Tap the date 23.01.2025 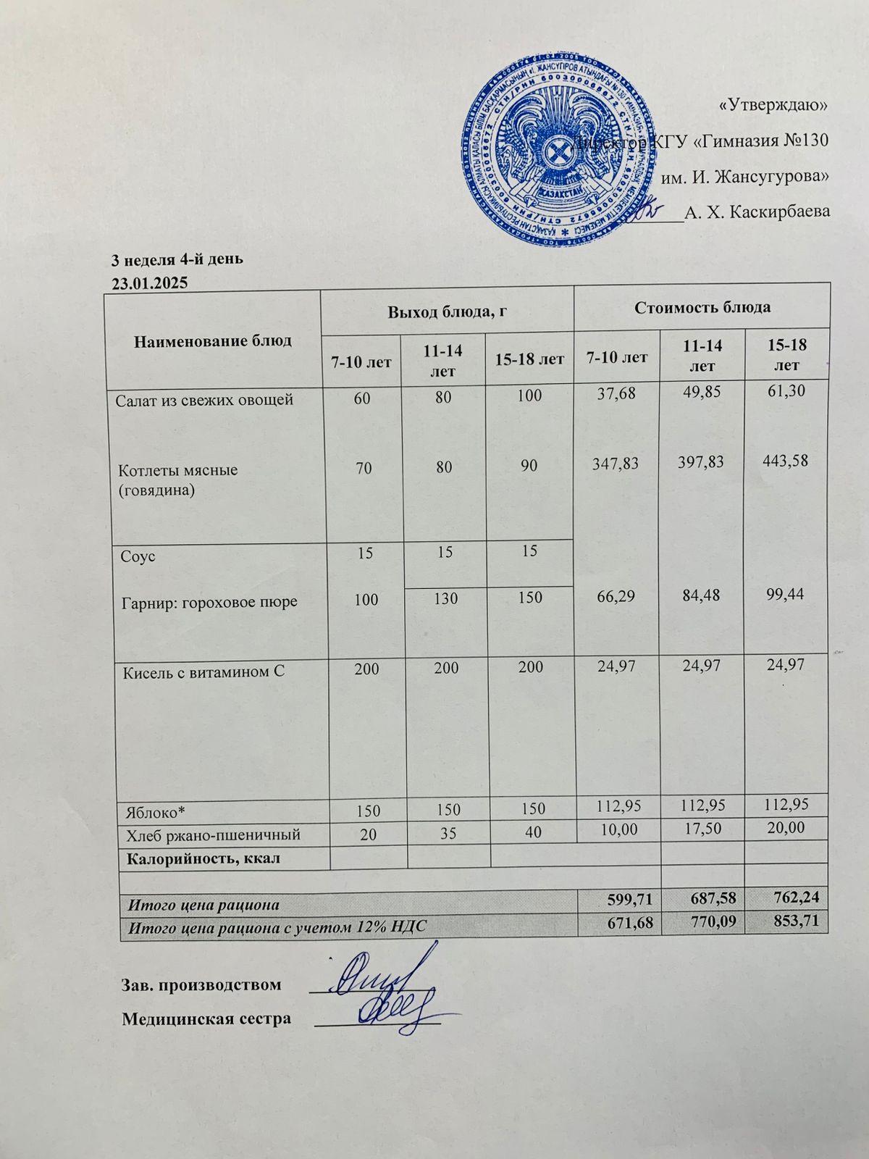tap(149, 283)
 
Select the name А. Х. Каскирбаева tap(757, 212)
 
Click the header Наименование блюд tap(213, 340)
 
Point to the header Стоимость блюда tap(702, 307)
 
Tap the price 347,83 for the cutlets tap(615, 463)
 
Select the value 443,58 tap(784, 461)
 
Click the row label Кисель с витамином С tap(202, 671)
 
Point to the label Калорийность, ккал tap(203, 859)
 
